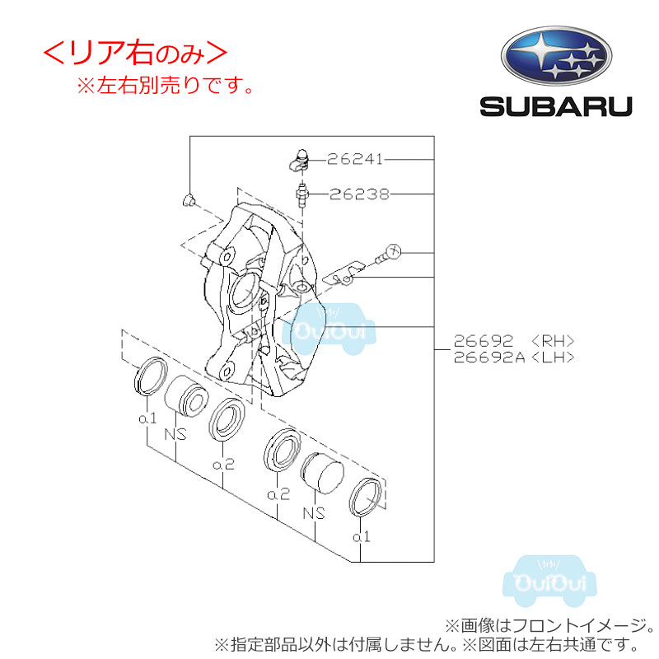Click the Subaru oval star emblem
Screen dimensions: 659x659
click(x=556, y=56)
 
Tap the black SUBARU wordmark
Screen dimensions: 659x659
click(x=556, y=107)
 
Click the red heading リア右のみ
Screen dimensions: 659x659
click(x=135, y=54)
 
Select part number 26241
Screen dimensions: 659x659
click(x=355, y=159)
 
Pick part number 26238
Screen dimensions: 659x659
click(x=359, y=194)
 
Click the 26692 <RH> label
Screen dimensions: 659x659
click(x=513, y=340)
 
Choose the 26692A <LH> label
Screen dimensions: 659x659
click(x=513, y=358)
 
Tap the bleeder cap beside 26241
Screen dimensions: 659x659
click(x=299, y=161)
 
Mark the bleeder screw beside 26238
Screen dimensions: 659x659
click(x=301, y=195)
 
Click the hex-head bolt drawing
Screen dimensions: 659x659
click(x=388, y=254)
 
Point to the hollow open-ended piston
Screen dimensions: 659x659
click(x=186, y=395)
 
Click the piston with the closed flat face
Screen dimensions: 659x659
click(x=322, y=473)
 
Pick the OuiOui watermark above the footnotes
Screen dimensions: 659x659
click(x=549, y=582)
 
